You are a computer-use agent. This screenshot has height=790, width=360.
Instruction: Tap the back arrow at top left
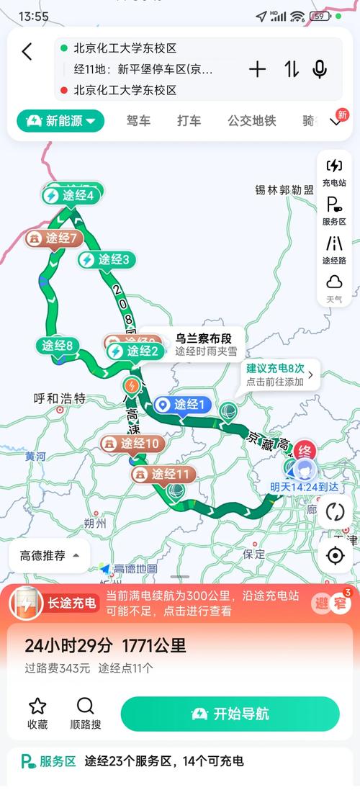click(x=27, y=51)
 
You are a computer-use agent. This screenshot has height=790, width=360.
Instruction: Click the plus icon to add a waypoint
click(x=257, y=69)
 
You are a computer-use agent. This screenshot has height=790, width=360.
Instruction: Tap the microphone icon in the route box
click(x=320, y=69)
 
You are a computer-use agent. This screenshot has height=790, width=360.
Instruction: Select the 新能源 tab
click(x=61, y=121)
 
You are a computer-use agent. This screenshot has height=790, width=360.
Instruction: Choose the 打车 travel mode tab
click(x=189, y=121)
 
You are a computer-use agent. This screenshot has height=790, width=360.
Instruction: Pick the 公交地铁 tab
click(x=252, y=121)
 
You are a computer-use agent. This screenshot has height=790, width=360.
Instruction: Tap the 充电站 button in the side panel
click(x=334, y=172)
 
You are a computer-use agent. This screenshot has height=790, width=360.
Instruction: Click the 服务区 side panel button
click(x=334, y=210)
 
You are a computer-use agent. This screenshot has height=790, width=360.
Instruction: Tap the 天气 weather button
click(x=334, y=287)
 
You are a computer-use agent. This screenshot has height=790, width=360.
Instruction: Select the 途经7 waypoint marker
click(x=55, y=238)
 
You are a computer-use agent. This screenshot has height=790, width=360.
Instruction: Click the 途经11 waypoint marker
click(x=163, y=475)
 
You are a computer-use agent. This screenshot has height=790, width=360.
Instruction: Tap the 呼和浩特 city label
click(x=60, y=398)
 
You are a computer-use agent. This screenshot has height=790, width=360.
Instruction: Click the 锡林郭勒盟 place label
click(x=284, y=190)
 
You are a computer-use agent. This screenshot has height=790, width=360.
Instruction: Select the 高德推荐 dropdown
click(x=49, y=555)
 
